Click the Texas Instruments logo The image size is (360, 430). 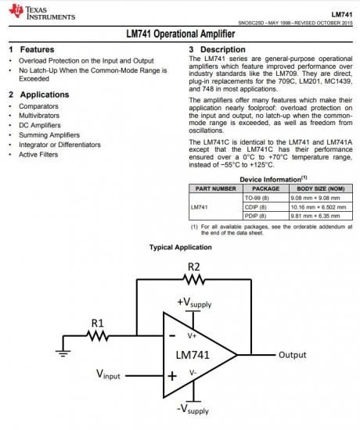pos(42,13)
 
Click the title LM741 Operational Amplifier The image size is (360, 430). pos(181,34)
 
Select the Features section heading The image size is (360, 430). pos(31,49)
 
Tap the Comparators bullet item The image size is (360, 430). pos(38,106)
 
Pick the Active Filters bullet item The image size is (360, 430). pos(38,154)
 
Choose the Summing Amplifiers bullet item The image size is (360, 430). pos(49,135)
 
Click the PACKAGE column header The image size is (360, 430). pos(266,188)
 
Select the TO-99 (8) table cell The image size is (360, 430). pos(257,198)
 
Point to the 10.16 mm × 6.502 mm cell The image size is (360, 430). pos(319,207)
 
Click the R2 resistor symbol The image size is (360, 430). pos(194,280)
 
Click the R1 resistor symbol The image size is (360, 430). pos(98,335)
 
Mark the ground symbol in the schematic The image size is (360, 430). pos(63,353)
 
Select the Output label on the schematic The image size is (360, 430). pos(293,355)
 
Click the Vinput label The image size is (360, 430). pos(108,374)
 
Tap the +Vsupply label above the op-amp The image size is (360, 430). pos(194,303)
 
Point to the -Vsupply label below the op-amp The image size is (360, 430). pos(193,409)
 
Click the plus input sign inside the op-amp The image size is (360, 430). pos(172,376)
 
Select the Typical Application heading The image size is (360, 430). pos(181,247)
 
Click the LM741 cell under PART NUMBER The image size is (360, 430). pos(199,207)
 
